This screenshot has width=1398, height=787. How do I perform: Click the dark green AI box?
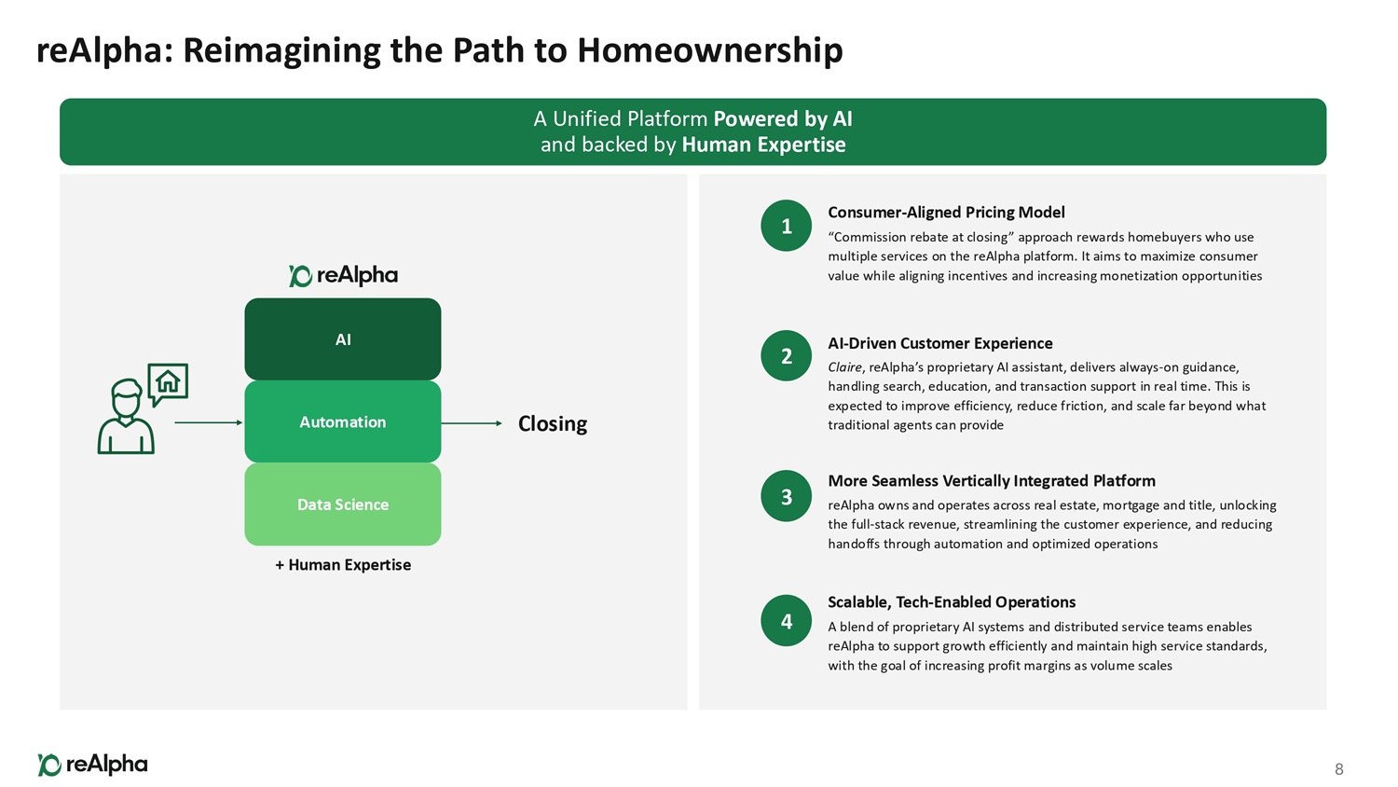point(342,338)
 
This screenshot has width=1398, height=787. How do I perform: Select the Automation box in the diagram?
point(342,421)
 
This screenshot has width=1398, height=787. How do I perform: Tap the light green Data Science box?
point(342,504)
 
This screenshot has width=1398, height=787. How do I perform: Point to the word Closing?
point(552,423)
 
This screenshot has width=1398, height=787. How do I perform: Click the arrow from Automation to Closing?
point(472,423)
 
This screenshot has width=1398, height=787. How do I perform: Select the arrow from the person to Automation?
point(208,422)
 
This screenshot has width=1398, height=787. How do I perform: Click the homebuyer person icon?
point(126,417)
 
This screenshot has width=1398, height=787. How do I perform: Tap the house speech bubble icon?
point(168,383)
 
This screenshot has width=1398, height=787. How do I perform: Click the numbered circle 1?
point(786,226)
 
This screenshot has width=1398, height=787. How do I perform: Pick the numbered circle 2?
point(786,355)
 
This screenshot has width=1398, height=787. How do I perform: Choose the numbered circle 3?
point(786,496)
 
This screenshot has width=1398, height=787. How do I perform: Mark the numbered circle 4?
point(786,621)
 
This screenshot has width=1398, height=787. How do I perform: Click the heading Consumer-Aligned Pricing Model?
point(946,213)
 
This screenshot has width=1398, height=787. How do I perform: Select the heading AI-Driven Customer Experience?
point(939,343)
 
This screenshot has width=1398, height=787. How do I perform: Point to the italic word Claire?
point(844,367)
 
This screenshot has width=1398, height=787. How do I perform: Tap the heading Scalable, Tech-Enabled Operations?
point(952,602)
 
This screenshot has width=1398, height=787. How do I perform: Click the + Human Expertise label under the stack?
point(343,565)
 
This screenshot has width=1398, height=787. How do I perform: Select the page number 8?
point(1338,769)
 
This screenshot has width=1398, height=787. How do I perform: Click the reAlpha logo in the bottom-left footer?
point(92,765)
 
